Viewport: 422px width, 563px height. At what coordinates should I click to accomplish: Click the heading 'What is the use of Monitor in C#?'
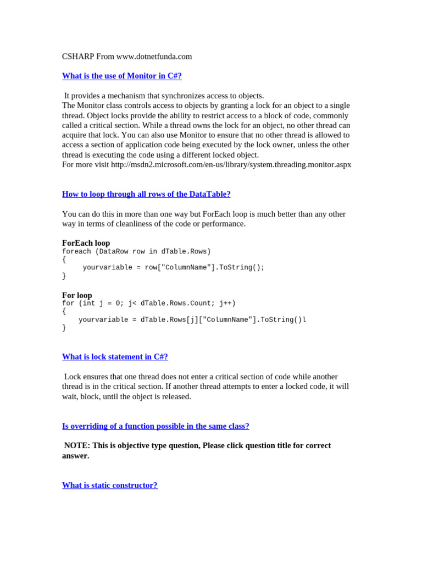pos(121,76)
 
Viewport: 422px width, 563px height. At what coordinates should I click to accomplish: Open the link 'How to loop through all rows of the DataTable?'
pos(146,194)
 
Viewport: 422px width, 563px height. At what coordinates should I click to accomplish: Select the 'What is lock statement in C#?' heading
pos(115,357)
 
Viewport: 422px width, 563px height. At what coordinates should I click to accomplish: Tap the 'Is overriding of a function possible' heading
pos(156,426)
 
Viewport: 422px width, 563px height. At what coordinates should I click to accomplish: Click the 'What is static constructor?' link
pos(109,485)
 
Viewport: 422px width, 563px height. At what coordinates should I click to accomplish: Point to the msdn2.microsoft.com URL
pos(231,164)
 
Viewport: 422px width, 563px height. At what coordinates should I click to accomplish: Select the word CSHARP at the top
pos(77,57)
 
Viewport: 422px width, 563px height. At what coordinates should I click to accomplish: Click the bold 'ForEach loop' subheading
pos(86,243)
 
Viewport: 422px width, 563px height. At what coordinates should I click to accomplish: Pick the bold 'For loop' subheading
pos(77,295)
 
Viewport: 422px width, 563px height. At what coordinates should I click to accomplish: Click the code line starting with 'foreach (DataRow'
pos(136,251)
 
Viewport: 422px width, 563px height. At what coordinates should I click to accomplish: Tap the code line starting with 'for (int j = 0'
pos(148,303)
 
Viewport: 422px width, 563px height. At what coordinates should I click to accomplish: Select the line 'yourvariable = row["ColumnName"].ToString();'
pos(174,268)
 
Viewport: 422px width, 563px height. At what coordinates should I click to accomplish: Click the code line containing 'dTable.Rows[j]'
pos(192,320)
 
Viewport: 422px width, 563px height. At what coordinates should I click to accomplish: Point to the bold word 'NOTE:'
pos(77,445)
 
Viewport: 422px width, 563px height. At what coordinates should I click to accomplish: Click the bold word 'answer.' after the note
pos(75,456)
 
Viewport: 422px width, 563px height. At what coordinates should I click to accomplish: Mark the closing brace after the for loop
pos(64,328)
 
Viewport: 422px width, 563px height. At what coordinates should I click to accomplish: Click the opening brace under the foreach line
pos(64,260)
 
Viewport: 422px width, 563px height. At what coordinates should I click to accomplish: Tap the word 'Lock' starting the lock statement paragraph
pos(73,377)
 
